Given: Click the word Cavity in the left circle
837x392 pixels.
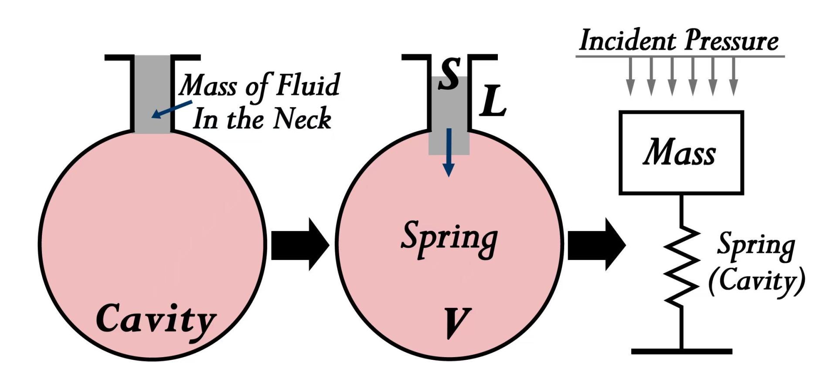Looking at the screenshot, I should tap(156, 319).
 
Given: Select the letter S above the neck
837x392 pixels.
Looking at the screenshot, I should tap(449, 74).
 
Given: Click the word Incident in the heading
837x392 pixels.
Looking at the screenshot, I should tap(628, 40).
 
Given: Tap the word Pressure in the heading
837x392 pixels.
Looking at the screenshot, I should tap(731, 40).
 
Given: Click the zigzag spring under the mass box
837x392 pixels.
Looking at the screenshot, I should tap(681, 266).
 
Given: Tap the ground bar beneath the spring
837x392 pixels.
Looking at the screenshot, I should tap(681, 351).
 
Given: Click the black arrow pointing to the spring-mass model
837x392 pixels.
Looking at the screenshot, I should tap(596, 244).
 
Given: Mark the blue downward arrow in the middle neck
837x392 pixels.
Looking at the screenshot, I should tap(448, 153).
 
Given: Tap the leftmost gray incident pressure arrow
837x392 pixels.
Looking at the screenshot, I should tap(630, 76).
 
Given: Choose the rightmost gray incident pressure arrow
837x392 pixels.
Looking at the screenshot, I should tap(734, 76).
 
